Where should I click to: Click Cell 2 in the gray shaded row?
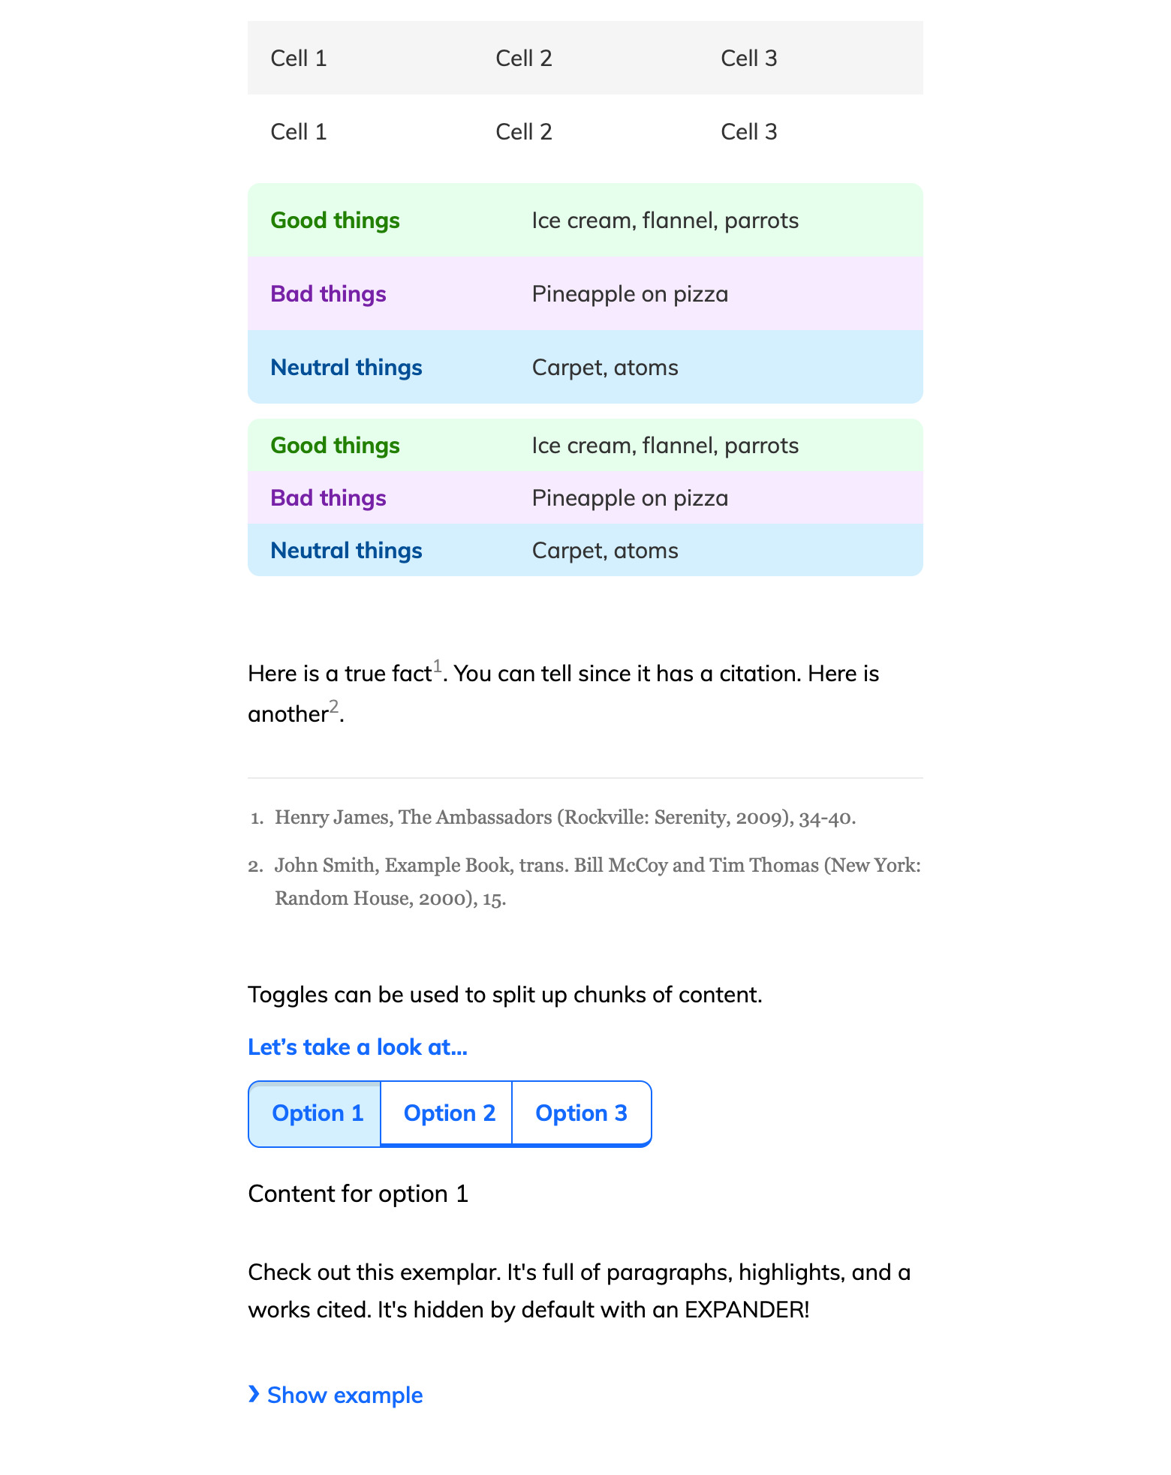(x=524, y=59)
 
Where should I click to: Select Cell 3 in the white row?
(x=748, y=132)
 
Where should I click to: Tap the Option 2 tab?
(x=449, y=1113)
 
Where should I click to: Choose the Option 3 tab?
(x=581, y=1113)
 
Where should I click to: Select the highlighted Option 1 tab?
(x=317, y=1113)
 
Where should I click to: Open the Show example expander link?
(x=345, y=1395)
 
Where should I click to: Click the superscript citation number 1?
(x=438, y=666)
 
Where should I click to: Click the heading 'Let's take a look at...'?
(x=357, y=1047)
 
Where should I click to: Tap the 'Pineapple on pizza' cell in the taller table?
(x=630, y=294)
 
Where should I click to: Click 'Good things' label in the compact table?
(x=335, y=446)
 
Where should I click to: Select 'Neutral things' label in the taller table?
(x=346, y=368)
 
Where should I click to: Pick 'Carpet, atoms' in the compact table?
(x=604, y=551)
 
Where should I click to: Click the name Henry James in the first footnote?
(x=331, y=818)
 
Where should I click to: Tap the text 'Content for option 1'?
(x=358, y=1194)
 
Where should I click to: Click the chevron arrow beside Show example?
(x=254, y=1395)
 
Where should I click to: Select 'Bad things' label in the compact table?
(x=328, y=498)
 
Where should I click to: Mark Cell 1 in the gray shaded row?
(x=299, y=59)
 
